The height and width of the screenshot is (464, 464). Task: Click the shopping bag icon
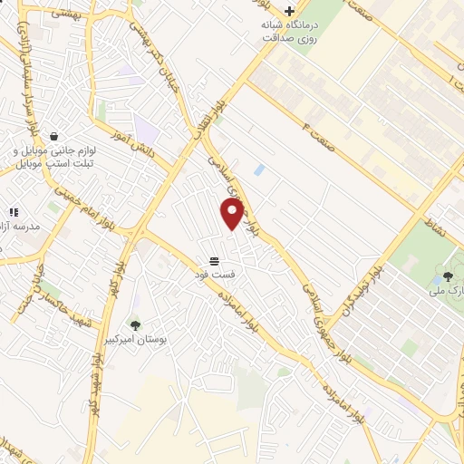pyautogui.click(x=56, y=136)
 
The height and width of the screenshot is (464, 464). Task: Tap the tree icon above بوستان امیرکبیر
pyautogui.click(x=135, y=323)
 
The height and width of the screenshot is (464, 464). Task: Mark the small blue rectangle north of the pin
pyautogui.click(x=260, y=169)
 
